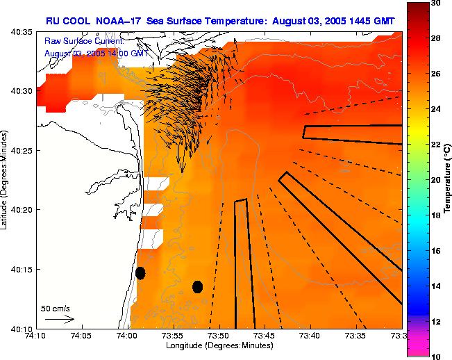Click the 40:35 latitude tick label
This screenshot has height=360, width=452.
[x=22, y=32]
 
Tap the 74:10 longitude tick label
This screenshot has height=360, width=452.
[x=36, y=336]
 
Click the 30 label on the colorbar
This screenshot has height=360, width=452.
[x=436, y=3]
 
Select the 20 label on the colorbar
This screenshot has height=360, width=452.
[x=436, y=179]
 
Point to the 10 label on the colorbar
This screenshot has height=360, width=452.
[x=436, y=355]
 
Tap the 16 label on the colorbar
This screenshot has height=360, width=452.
[x=436, y=250]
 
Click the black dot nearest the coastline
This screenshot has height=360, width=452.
[x=140, y=272]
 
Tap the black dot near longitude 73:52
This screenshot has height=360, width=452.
[x=197, y=286]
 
